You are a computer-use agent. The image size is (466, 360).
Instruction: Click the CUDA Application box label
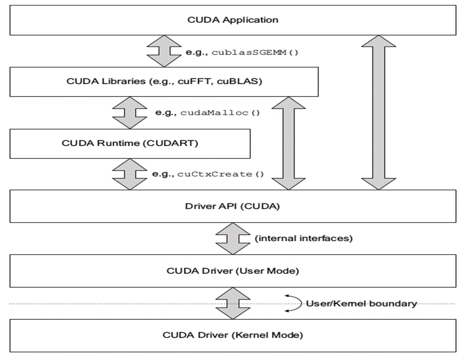pos(232,20)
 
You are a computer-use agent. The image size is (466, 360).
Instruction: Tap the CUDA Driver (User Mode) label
pos(232,271)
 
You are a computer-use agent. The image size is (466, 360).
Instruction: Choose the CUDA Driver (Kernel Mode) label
pos(232,335)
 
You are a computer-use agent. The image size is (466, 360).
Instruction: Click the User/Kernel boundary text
pos(361,304)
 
